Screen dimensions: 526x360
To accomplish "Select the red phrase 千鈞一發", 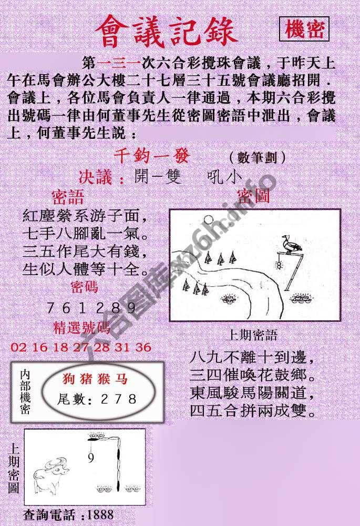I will click(x=151, y=157).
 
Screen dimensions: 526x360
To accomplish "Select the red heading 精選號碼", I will click(x=82, y=328).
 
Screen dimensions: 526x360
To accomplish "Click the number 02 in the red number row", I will click(x=18, y=347).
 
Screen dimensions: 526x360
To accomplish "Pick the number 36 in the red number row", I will click(x=143, y=347).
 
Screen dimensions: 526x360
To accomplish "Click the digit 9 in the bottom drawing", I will click(x=91, y=459).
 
